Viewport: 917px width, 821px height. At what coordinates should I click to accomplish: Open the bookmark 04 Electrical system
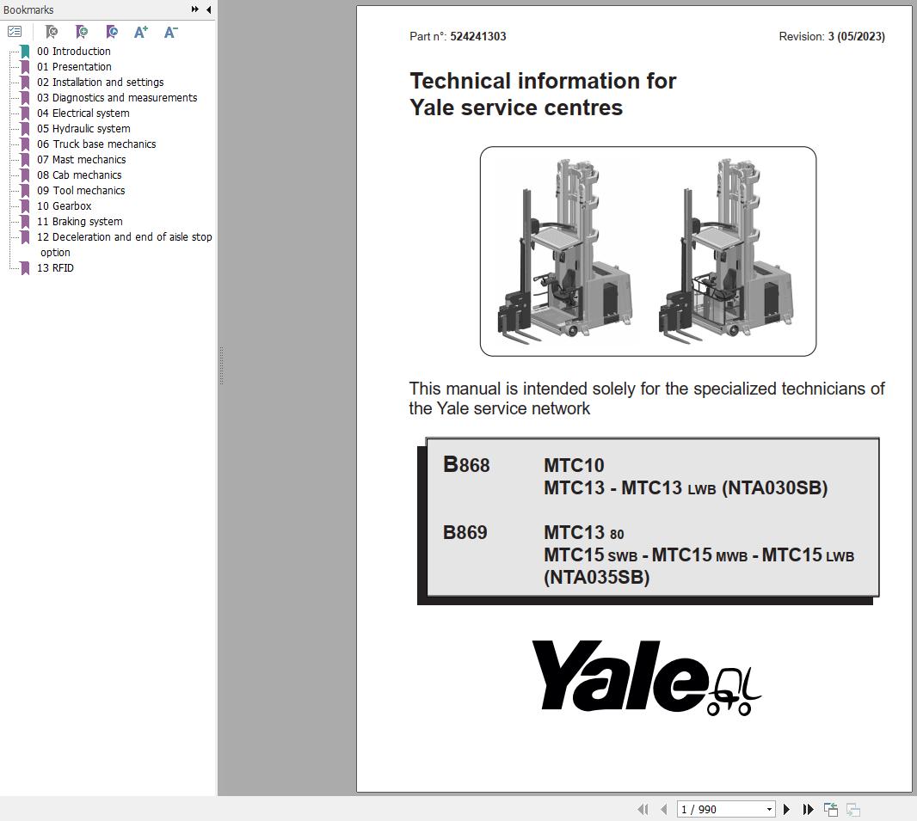(x=90, y=113)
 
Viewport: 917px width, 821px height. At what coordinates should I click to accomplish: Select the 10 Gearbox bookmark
(x=71, y=206)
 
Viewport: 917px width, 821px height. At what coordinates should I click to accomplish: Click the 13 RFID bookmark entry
(x=63, y=268)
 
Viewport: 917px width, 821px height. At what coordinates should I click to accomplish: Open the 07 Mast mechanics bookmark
(x=89, y=160)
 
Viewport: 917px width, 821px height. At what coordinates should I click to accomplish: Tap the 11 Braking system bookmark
(x=87, y=222)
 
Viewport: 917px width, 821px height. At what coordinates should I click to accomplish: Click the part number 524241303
(x=477, y=37)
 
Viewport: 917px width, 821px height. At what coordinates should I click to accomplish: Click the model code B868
(x=466, y=465)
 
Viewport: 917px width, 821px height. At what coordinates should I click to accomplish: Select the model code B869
(x=465, y=533)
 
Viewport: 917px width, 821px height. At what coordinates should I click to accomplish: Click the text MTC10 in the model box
(x=574, y=466)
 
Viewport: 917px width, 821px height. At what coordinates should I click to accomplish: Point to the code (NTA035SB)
(x=596, y=578)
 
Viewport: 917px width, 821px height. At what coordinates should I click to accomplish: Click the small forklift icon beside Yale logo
(x=734, y=691)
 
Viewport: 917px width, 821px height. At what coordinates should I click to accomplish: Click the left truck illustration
(x=565, y=251)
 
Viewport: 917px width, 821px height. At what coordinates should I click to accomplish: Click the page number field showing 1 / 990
(x=721, y=809)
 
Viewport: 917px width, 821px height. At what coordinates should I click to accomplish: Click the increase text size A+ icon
(x=141, y=32)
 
